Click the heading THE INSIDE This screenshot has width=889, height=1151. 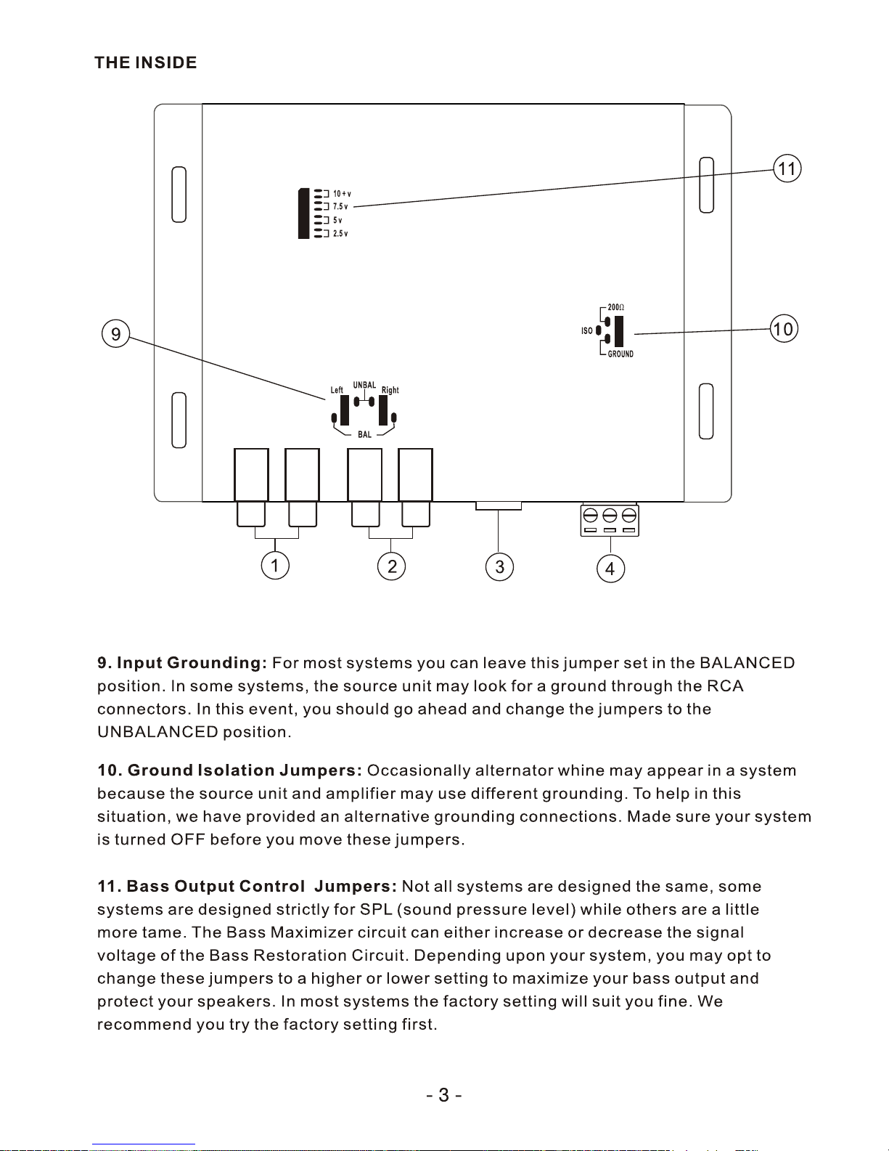pyautogui.click(x=145, y=62)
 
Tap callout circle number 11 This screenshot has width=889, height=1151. pyautogui.click(x=787, y=168)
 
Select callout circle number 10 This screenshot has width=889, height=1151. pyautogui.click(x=783, y=329)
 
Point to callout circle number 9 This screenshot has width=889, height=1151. pyautogui.click(x=115, y=335)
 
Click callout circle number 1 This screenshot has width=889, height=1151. pyautogui.click(x=275, y=565)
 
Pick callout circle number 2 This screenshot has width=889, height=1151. pyautogui.click(x=392, y=566)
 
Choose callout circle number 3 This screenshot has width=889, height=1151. pyautogui.click(x=499, y=566)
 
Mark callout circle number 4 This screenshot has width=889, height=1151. pyautogui.click(x=610, y=569)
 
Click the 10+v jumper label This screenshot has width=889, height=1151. pyautogui.click(x=342, y=194)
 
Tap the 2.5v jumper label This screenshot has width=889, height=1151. pyautogui.click(x=340, y=234)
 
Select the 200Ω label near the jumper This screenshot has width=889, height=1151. pyautogui.click(x=616, y=308)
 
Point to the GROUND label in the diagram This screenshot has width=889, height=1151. pyautogui.click(x=620, y=354)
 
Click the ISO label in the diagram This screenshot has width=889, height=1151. pyautogui.click(x=587, y=331)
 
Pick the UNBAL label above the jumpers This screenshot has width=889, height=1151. pyautogui.click(x=364, y=386)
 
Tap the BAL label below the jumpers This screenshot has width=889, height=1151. pyautogui.click(x=364, y=435)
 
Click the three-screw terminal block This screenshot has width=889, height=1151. pyautogui.click(x=610, y=520)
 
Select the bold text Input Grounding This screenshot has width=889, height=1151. pyautogui.click(x=192, y=663)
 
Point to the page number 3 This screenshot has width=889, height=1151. pyautogui.click(x=443, y=1095)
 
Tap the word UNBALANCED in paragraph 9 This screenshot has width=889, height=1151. pyautogui.click(x=157, y=732)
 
